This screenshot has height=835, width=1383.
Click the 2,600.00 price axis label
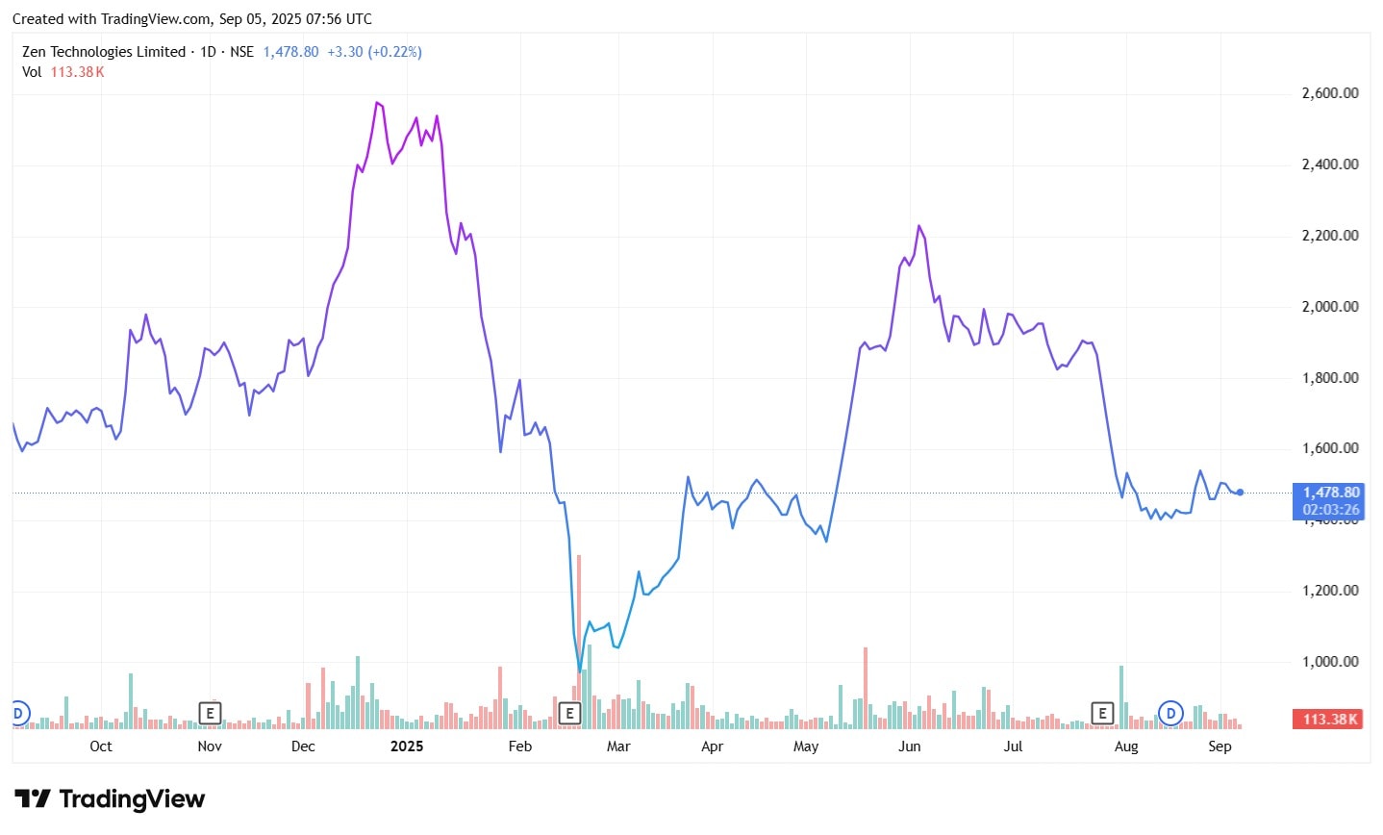pos(1329,93)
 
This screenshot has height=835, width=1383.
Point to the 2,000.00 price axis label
pos(1329,307)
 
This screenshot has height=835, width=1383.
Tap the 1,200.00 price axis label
pos(1329,591)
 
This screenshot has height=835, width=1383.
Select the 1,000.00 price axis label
pos(1329,662)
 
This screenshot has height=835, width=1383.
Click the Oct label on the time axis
pos(100,746)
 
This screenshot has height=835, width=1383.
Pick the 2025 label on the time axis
pos(407,746)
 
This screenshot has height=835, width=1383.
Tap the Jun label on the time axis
pos(909,746)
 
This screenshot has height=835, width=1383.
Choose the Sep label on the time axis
pos(1220,746)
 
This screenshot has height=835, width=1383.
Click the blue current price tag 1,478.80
pos(1330,493)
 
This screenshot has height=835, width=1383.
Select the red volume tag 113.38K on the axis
pos(1330,720)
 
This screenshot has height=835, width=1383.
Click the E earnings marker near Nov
pos(210,713)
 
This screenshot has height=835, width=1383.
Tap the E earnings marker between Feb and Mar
pos(569,713)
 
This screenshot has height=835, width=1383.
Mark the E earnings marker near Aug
pos(1102,713)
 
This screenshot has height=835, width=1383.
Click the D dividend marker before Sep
pos(1170,713)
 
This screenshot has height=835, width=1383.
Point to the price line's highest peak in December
pos(377,102)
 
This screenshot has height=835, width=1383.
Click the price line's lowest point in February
pos(580,671)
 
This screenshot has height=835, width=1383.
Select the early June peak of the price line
pos(919,226)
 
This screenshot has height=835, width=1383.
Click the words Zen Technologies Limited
pos(104,52)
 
